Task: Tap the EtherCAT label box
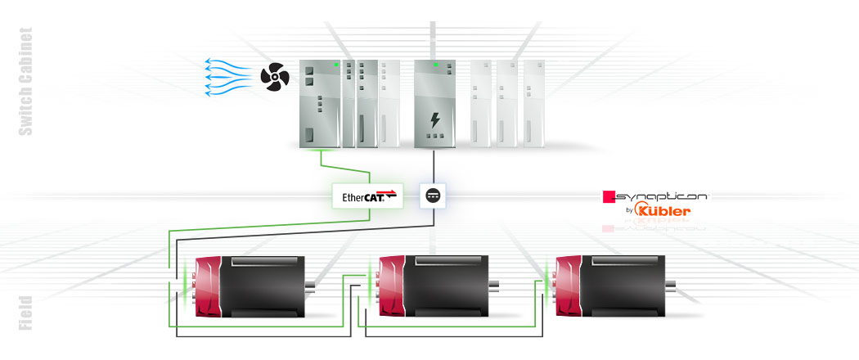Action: click(368, 196)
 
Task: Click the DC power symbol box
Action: click(431, 196)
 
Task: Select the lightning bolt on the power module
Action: click(435, 121)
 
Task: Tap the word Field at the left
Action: click(25, 313)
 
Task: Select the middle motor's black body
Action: click(445, 286)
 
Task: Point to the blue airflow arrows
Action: click(227, 77)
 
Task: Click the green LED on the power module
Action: click(436, 64)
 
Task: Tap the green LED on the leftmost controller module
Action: click(335, 64)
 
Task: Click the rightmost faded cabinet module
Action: click(533, 102)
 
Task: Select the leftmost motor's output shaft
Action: click(311, 286)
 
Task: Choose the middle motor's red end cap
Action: click(392, 287)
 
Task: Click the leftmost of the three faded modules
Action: click(480, 102)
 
